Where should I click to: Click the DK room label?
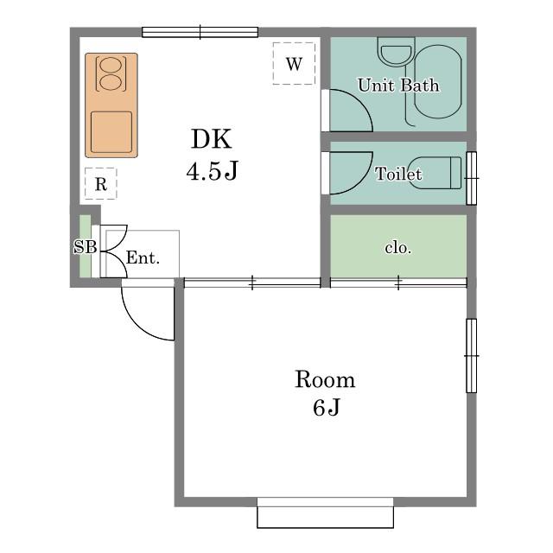point(212,139)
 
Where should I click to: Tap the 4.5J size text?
point(213,171)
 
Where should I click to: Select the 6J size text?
point(327,408)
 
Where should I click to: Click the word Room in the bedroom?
point(325,379)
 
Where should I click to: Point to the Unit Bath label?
point(398,85)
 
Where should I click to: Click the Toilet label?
point(398,174)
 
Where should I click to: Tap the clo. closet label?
point(398,248)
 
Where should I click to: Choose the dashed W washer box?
point(294,63)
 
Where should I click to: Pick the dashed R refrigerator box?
point(101,183)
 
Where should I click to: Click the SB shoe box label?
point(85,247)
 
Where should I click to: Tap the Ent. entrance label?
point(143,257)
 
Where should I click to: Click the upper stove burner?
point(111,65)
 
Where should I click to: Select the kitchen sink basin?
point(111,132)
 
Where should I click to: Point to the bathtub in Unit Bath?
point(438,82)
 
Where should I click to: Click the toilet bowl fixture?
point(439,173)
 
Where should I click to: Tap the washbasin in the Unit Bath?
point(397,52)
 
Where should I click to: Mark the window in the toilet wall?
point(472,178)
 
